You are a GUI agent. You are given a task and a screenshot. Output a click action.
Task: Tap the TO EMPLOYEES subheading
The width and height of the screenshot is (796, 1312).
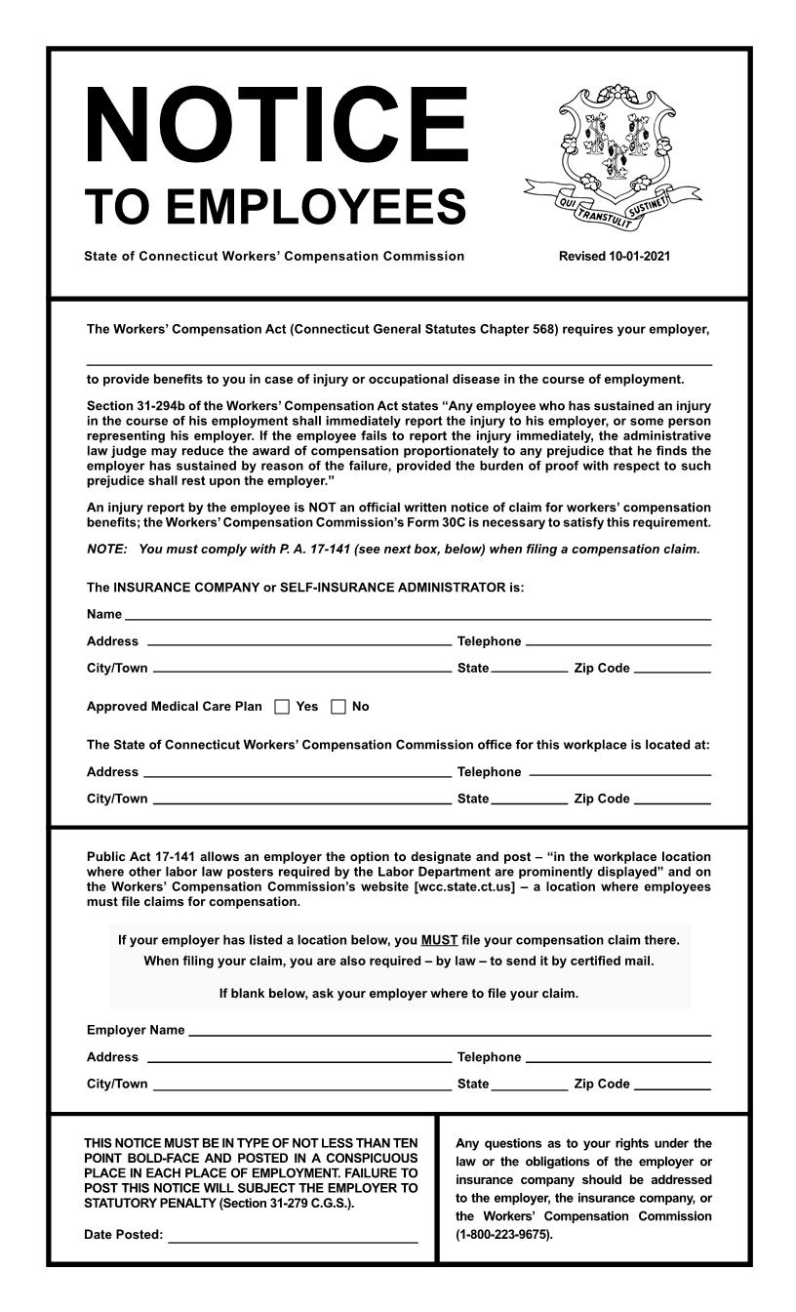pyautogui.click(x=275, y=206)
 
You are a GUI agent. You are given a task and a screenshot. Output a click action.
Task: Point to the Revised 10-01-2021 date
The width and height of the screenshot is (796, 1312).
pyautogui.click(x=614, y=257)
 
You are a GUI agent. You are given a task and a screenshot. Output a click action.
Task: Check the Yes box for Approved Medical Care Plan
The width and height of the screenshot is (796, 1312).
pyautogui.click(x=282, y=707)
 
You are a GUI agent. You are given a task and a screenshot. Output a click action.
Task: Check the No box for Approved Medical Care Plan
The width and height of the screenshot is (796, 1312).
pyautogui.click(x=338, y=707)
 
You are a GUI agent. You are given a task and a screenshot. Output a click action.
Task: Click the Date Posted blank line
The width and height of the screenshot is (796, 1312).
pyautogui.click(x=293, y=1239)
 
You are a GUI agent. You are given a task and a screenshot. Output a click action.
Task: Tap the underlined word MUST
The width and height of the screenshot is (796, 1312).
pyautogui.click(x=439, y=941)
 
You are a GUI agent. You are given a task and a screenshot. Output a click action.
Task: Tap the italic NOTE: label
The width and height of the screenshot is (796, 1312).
pyautogui.click(x=106, y=549)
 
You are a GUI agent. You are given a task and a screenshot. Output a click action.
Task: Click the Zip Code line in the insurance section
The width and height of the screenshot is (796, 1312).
pyautogui.click(x=672, y=672)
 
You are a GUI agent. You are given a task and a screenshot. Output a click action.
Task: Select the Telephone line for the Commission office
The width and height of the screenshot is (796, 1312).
pyautogui.click(x=619, y=775)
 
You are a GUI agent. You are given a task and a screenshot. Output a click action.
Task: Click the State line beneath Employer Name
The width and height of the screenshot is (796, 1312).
pyautogui.click(x=529, y=1086)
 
